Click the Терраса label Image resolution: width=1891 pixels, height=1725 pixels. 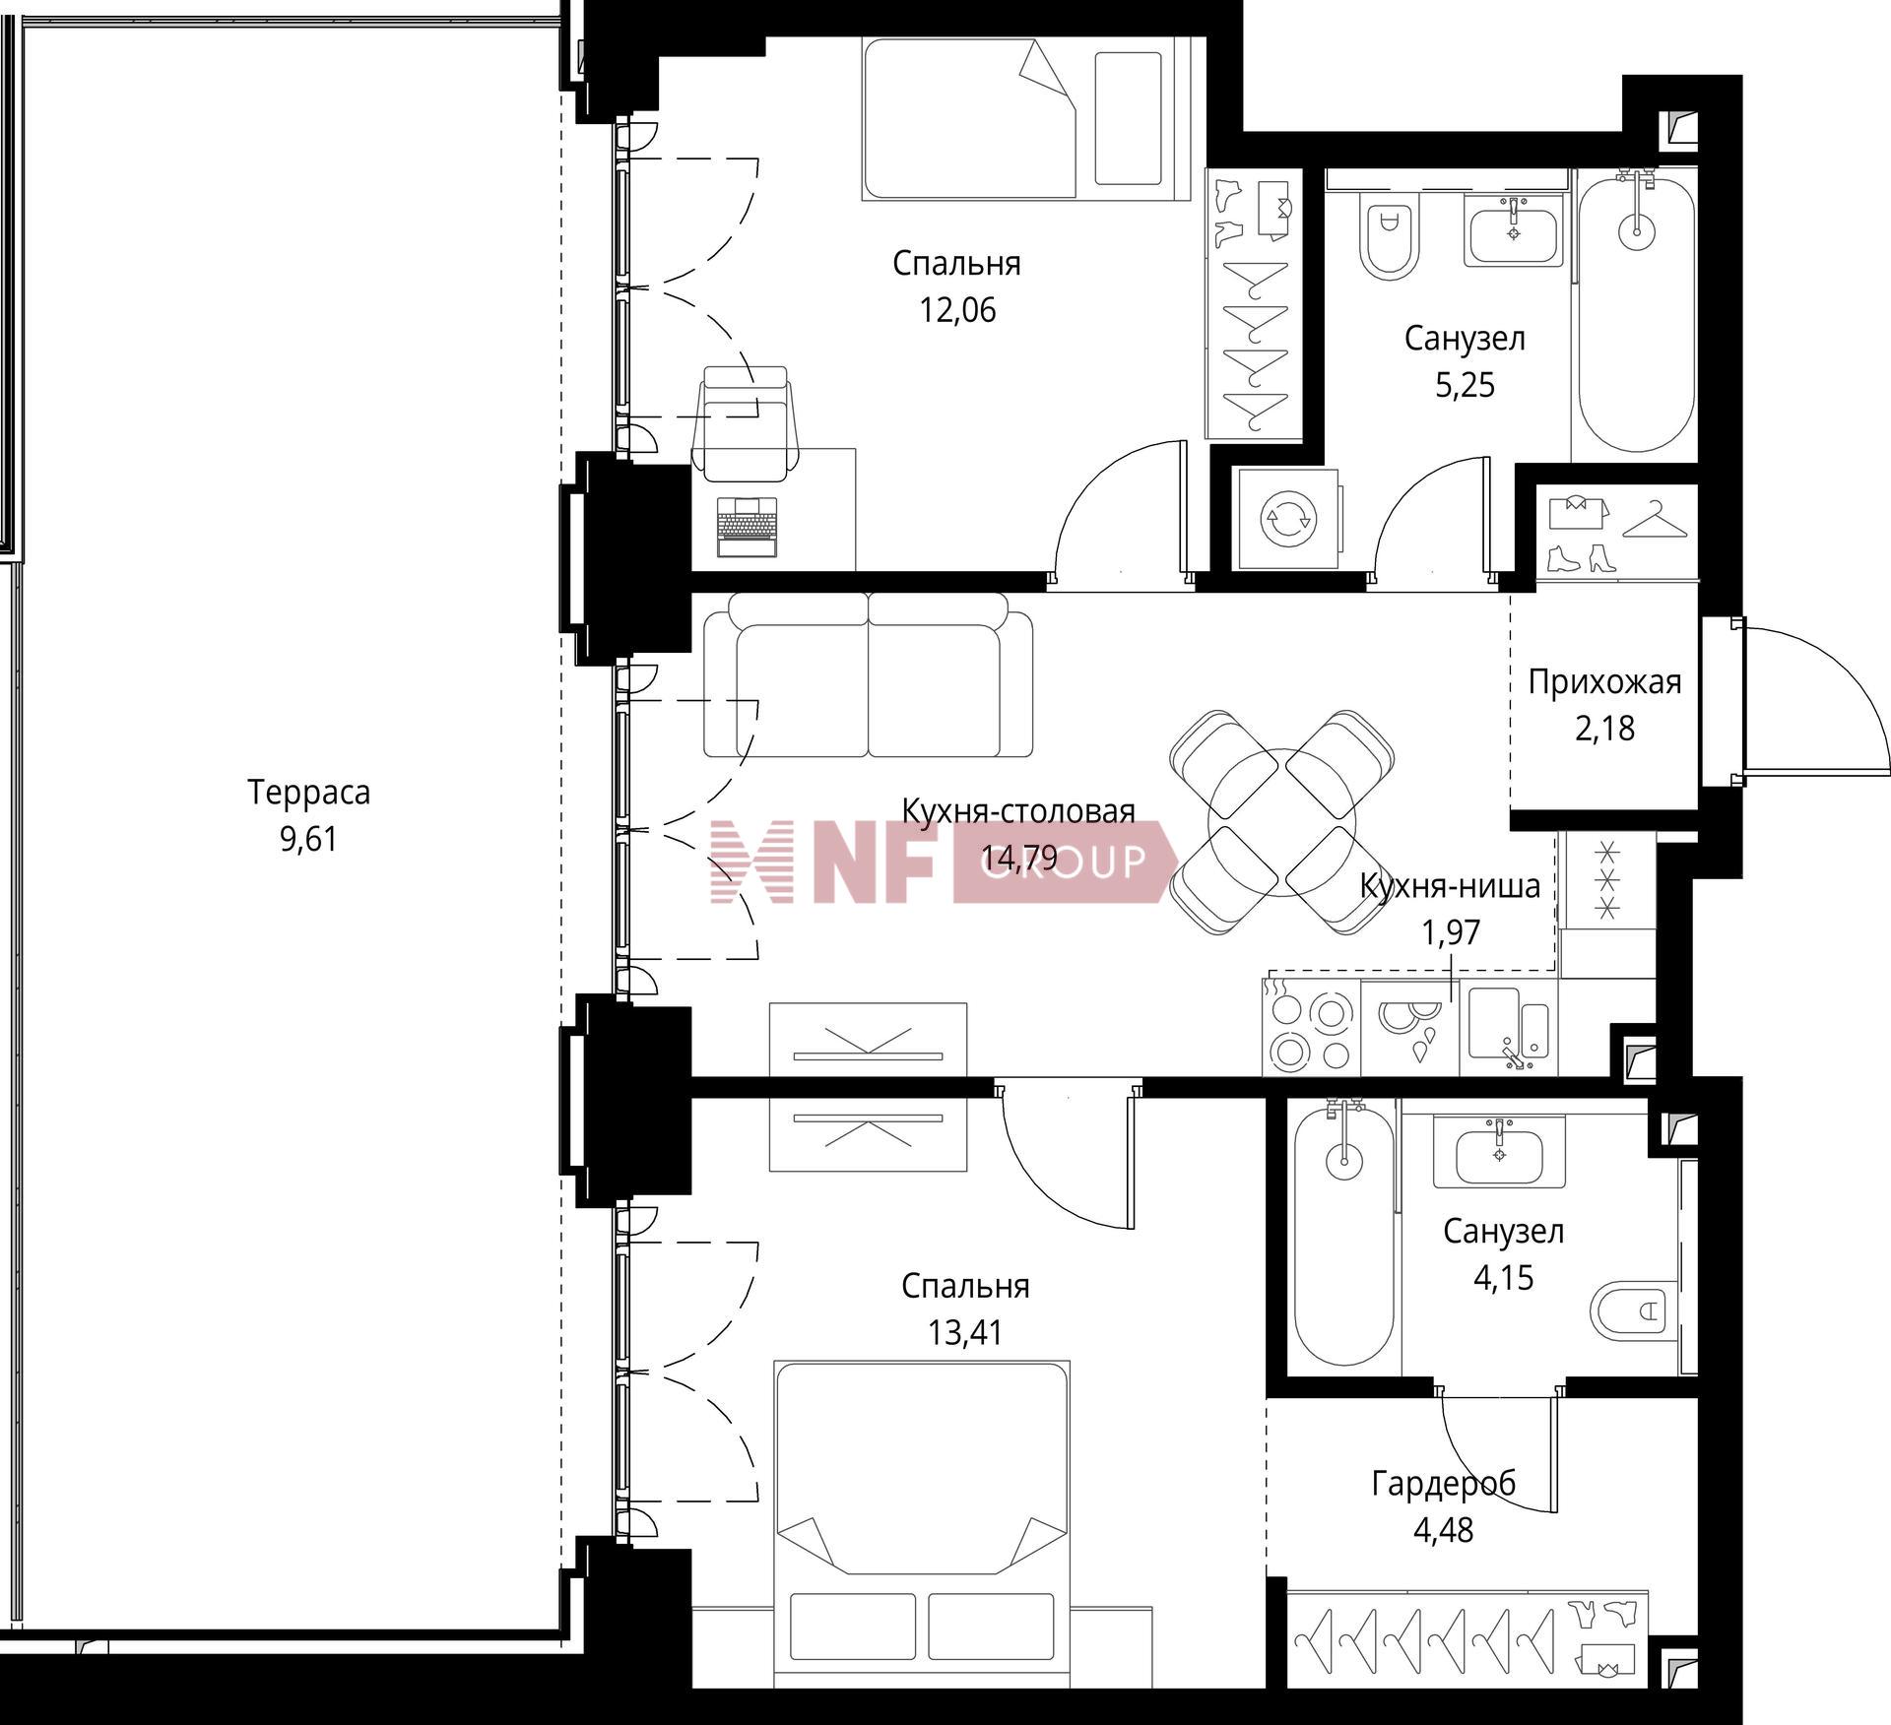[x=308, y=793]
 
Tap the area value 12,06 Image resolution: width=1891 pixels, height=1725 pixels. [x=957, y=310]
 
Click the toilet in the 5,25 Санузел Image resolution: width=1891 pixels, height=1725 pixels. [x=1390, y=235]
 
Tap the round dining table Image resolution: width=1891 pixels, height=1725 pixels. [x=1282, y=822]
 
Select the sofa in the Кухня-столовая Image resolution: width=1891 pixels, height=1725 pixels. [x=869, y=674]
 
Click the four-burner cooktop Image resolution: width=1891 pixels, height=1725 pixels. [x=1311, y=1026]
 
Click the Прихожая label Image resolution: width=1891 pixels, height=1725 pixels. [x=1604, y=681]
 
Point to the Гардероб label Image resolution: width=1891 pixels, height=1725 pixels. [x=1443, y=1483]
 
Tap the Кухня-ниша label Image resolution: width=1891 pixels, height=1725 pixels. [x=1450, y=886]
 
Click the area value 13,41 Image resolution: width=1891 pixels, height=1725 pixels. [x=964, y=1332]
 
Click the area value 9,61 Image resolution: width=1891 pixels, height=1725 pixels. [x=308, y=839]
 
